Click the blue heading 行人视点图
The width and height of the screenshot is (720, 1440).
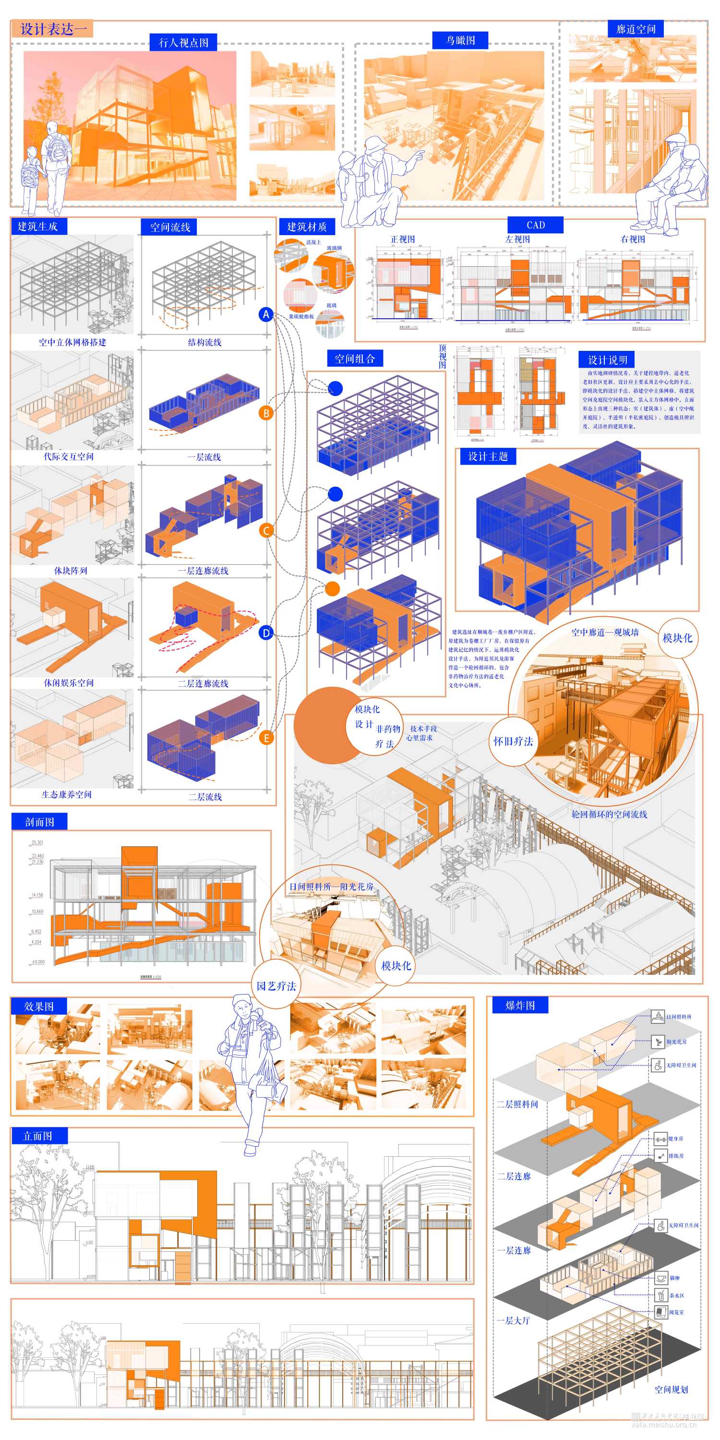tap(183, 43)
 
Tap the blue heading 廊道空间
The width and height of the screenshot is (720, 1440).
tap(636, 29)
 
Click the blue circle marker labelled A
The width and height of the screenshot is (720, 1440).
tap(266, 314)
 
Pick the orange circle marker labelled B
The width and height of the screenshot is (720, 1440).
tap(266, 413)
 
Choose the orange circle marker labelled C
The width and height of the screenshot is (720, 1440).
tap(266, 530)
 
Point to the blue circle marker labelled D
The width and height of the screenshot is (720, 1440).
tap(266, 633)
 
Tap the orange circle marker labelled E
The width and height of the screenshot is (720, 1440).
tap(266, 738)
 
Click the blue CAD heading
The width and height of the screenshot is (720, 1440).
tap(535, 225)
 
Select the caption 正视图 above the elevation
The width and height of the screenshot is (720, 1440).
tap(403, 239)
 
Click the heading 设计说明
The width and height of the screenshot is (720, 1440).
tap(607, 360)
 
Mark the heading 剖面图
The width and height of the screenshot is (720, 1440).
tap(39, 822)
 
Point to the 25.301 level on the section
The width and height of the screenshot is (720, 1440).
tap(37, 842)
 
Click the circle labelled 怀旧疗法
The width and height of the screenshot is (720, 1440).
tap(513, 741)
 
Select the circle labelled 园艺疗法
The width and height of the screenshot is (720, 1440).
tap(276, 986)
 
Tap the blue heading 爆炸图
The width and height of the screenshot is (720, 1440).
tap(520, 1006)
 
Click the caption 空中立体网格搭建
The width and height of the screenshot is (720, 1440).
tap(72, 342)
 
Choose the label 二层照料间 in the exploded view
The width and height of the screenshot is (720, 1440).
tap(517, 1104)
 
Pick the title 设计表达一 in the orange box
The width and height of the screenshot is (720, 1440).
tap(53, 29)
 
